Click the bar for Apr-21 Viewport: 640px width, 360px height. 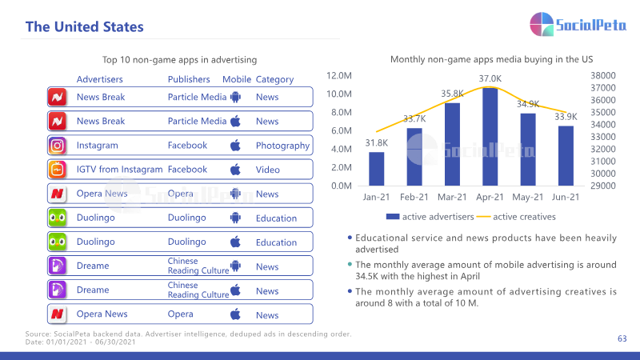point(490,137)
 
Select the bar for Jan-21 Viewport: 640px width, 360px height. point(376,169)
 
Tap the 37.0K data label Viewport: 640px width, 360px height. point(490,78)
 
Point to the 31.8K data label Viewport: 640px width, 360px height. point(376,143)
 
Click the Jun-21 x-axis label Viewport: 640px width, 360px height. point(566,197)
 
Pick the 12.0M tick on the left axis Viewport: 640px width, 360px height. point(338,75)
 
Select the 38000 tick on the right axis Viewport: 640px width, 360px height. point(603,75)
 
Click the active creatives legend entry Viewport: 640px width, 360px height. point(516,217)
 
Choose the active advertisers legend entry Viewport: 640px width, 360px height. point(430,217)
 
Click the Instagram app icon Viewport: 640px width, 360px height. point(57,146)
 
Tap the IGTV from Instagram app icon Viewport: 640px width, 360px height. point(57,170)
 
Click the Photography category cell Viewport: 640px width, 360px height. point(282,146)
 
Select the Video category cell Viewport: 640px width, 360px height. point(268,170)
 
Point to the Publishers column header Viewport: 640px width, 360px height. point(189,79)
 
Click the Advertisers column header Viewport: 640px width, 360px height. point(99,79)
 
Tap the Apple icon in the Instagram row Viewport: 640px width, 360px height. point(235,146)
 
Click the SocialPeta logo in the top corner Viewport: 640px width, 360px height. point(578,25)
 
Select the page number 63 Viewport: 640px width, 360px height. point(622,338)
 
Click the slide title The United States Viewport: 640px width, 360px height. point(85,27)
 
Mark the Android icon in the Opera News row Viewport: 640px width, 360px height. point(235,194)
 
